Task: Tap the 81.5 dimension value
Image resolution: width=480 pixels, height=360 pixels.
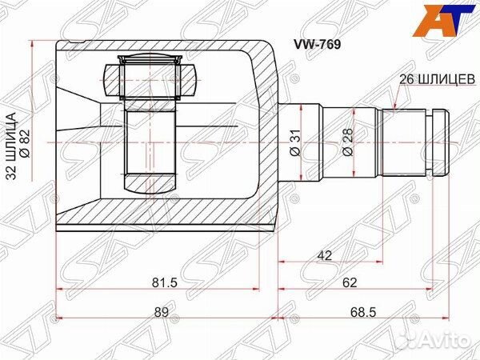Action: click(x=164, y=282)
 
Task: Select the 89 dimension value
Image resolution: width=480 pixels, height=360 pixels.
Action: click(x=162, y=313)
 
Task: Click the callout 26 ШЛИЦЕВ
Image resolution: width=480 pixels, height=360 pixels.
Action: click(x=437, y=79)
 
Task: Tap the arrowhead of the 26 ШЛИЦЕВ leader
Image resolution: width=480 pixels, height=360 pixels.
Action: click(x=398, y=109)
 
